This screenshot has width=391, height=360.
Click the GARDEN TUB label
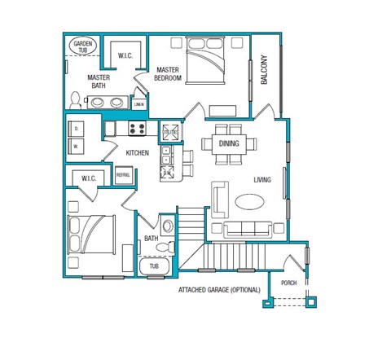pyautogui.click(x=83, y=46)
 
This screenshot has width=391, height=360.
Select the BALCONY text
pyautogui.click(x=264, y=69)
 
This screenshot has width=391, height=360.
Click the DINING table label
pyautogui.click(x=228, y=144)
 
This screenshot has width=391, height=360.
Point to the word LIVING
pyautogui.click(x=262, y=180)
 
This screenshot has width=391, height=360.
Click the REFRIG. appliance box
pyautogui.click(x=123, y=175)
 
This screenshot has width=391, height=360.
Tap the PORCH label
pyautogui.click(x=288, y=283)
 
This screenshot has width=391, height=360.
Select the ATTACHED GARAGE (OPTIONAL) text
pyautogui.click(x=218, y=290)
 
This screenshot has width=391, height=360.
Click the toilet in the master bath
pyautogui.click(x=75, y=100)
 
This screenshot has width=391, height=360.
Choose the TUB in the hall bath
pyautogui.click(x=154, y=266)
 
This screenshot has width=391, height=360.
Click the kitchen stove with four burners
pyautogui.click(x=135, y=128)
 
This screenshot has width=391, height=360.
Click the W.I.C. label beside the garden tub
pyautogui.click(x=125, y=56)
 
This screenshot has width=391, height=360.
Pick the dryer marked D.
pyautogui.click(x=76, y=129)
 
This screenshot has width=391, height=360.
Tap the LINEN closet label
pyautogui.click(x=138, y=104)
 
